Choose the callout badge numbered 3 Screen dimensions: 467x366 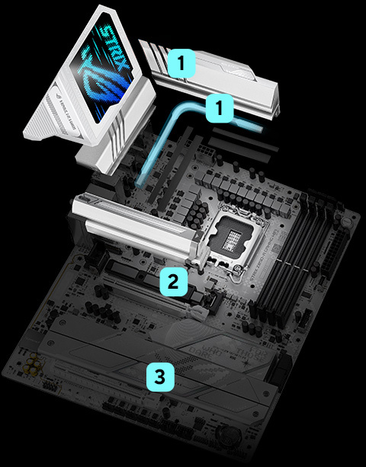(x=158, y=375)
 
